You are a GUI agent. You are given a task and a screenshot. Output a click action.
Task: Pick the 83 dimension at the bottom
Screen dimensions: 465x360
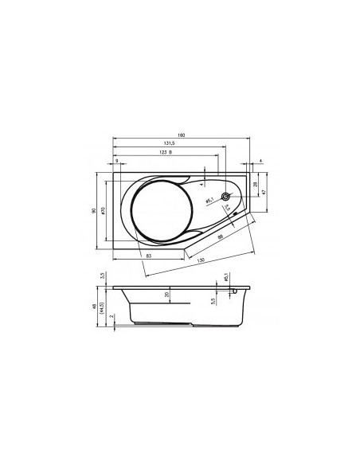[x=150, y=255]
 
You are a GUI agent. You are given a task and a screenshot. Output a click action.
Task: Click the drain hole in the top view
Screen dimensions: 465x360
[x=226, y=197]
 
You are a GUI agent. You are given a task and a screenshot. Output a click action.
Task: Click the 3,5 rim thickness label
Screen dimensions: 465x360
[x=102, y=276]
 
